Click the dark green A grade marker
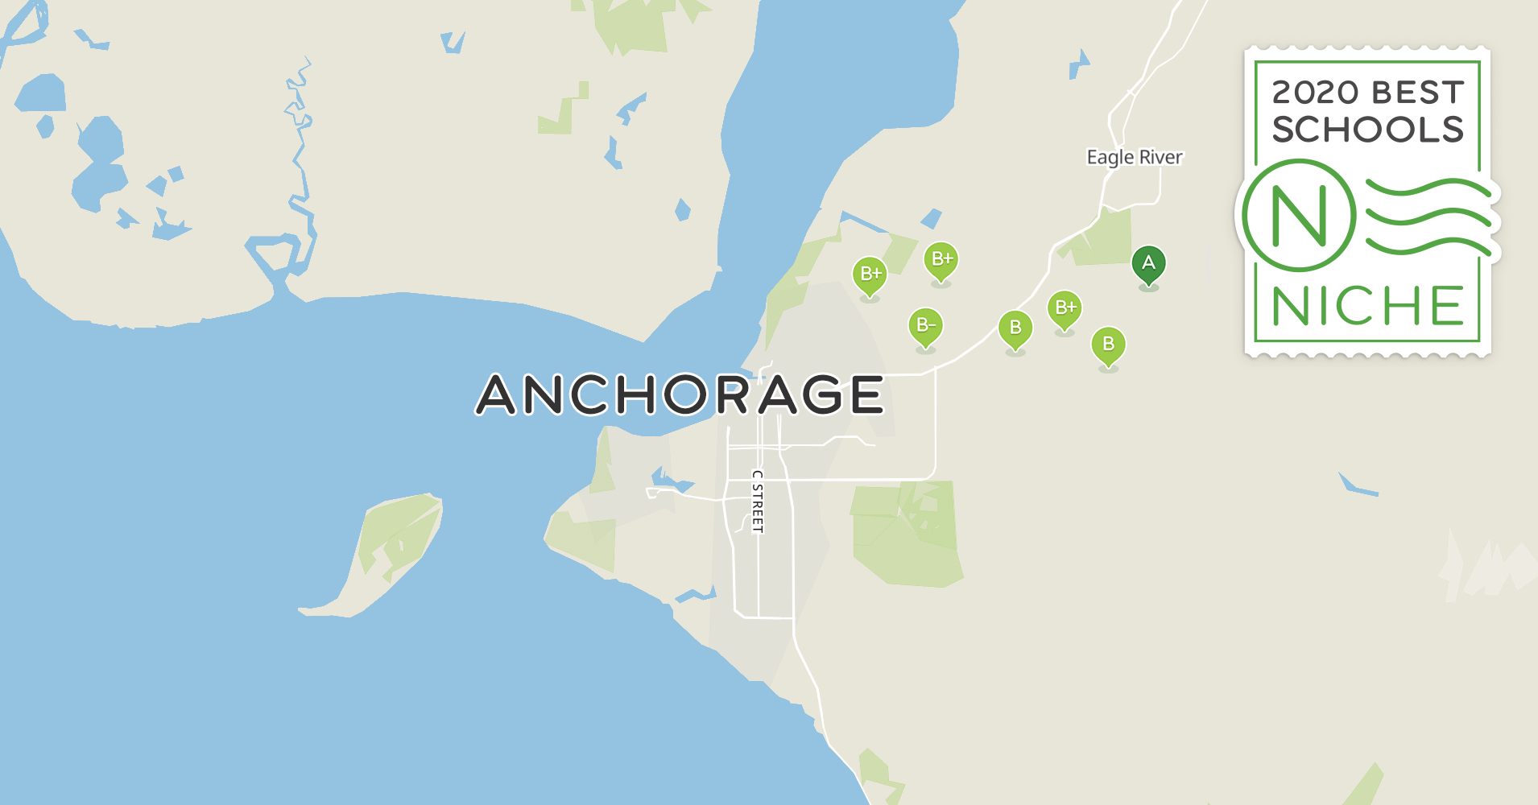[1148, 264]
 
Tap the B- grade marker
[925, 326]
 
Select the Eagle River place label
[1134, 157]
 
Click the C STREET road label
[757, 502]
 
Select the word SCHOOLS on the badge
[1367, 130]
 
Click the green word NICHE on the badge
[1367, 307]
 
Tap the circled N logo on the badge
[1298, 215]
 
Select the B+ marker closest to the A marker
[1065, 308]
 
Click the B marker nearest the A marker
[1108, 345]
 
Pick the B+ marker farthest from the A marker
[870, 275]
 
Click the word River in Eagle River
[1160, 157]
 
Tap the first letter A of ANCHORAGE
[496, 394]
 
